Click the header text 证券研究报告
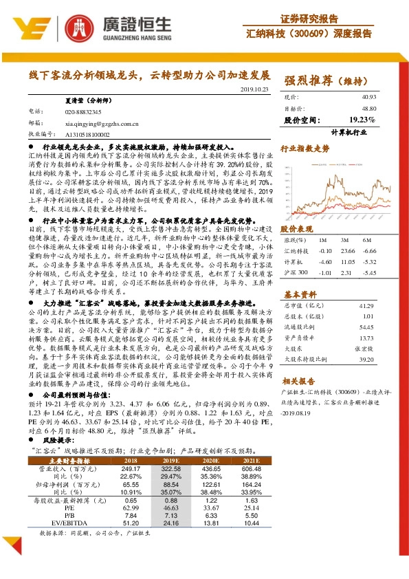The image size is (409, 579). pos(309,18)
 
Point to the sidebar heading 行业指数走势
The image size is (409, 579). pos(306,148)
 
